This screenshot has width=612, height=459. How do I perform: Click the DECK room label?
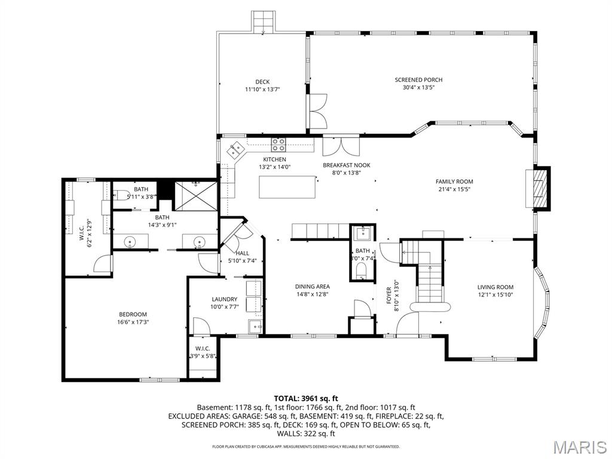(262, 82)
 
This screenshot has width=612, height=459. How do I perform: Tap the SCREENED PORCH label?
(418, 79)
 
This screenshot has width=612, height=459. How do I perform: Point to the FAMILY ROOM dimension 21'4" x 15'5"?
(454, 189)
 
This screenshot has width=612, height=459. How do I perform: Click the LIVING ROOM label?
(495, 287)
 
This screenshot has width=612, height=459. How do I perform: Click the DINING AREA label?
(313, 286)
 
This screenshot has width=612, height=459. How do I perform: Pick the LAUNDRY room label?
(225, 299)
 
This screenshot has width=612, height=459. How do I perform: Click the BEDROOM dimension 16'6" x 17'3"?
(133, 322)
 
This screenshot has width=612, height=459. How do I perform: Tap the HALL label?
(242, 253)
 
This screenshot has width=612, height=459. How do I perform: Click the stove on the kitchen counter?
(279, 144)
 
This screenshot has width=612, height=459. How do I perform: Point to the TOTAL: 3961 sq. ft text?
(306, 398)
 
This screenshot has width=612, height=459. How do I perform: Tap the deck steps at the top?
(262, 23)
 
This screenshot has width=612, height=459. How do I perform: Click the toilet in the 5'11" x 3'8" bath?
(120, 195)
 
